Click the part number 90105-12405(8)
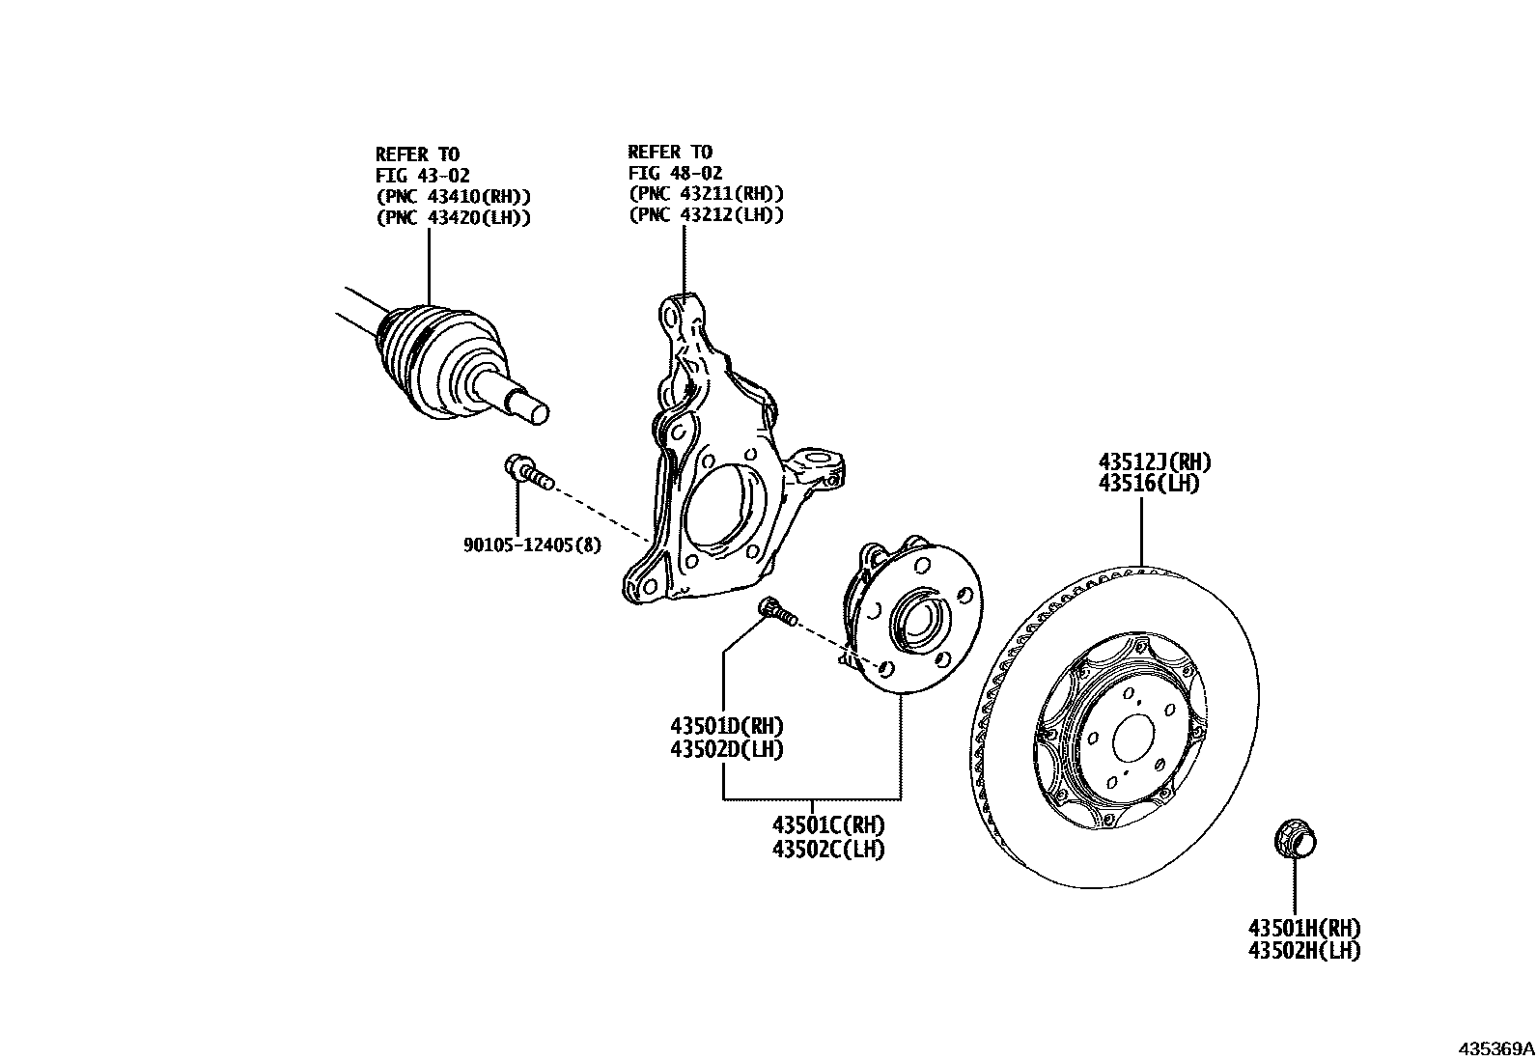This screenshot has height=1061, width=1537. [531, 545]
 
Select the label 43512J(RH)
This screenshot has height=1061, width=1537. [1154, 462]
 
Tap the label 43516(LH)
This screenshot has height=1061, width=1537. [1149, 484]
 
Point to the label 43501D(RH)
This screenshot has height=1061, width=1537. [727, 726]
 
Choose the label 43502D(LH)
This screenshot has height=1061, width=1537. [727, 748]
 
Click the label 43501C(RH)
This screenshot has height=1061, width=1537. [828, 826]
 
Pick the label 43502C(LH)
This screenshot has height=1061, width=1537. [828, 850]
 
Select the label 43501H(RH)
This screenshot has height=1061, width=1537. [1304, 928]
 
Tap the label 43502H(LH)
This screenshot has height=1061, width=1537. [1304, 950]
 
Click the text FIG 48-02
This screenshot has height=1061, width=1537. [675, 173]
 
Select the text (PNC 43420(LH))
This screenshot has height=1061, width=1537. [453, 217]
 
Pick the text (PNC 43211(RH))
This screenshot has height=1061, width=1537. [706, 193]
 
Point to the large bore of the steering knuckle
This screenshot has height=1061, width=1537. [720, 510]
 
